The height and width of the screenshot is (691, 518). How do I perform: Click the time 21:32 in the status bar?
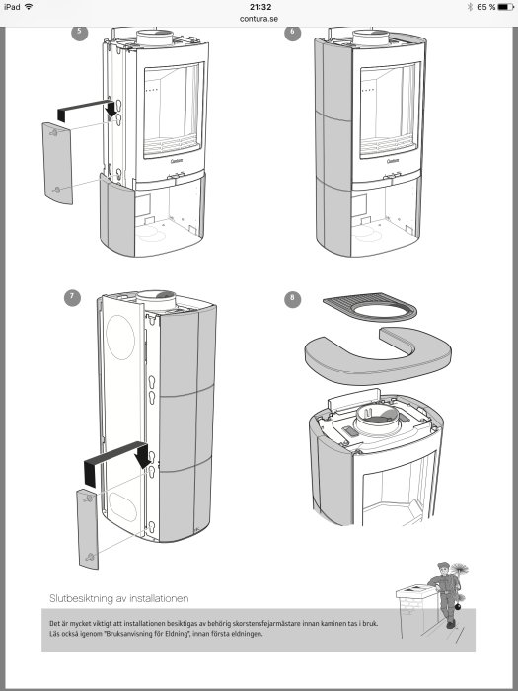coord(260,6)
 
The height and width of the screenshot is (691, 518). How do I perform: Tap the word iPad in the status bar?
coord(11,6)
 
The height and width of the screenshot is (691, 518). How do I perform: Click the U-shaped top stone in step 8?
coord(375,357)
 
